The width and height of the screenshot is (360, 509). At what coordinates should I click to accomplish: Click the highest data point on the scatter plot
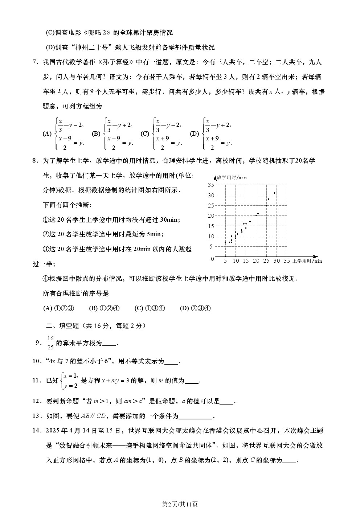coord(275,193)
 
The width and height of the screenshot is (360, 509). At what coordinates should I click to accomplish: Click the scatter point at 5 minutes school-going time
coord(225,242)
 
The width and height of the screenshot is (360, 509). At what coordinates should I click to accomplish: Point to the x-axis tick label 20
coord(256,260)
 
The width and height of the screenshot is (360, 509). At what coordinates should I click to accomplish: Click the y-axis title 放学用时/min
coord(232,177)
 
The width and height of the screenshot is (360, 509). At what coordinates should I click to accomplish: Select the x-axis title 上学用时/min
coord(307,260)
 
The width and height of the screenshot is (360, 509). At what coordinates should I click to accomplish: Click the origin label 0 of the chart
coord(212,259)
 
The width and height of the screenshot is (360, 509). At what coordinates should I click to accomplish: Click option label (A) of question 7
coord(47,134)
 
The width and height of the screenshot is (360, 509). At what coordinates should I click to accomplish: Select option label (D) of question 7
coord(195,134)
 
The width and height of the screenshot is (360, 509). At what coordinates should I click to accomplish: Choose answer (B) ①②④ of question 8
coord(104,308)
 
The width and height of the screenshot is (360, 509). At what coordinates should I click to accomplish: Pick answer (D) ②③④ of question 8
coord(195,308)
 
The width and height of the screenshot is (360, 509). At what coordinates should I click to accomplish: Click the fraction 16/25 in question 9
coord(50,343)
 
